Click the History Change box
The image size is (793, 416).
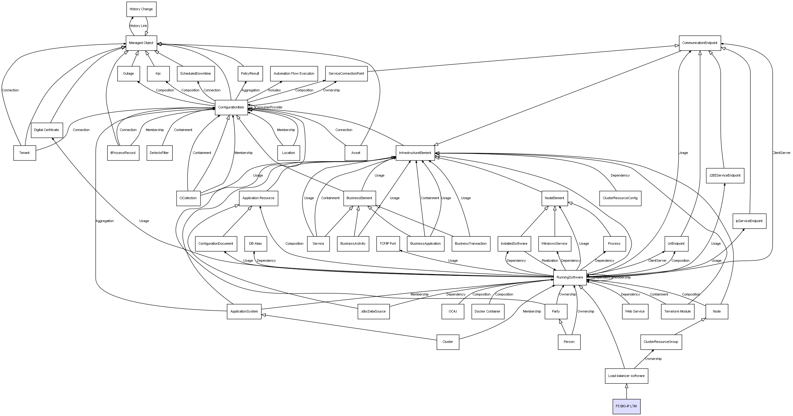pyautogui.click(x=141, y=9)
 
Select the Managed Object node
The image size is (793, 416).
pyautogui.click(x=141, y=43)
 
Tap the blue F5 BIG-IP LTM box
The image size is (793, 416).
pyautogui.click(x=626, y=406)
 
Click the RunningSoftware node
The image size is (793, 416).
pyautogui.click(x=570, y=278)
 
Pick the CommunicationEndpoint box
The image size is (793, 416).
pyautogui.click(x=700, y=43)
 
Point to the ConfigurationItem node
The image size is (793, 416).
pyautogui.click(x=231, y=107)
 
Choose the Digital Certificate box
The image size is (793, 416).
pyautogui.click(x=46, y=130)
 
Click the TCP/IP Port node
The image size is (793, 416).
pyautogui.click(x=388, y=244)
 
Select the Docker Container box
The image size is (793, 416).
pyautogui.click(x=487, y=312)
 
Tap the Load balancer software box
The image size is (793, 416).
pyautogui.click(x=626, y=376)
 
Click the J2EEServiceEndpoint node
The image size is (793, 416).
pyautogui.click(x=725, y=176)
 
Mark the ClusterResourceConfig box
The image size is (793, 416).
pyautogui.click(x=620, y=198)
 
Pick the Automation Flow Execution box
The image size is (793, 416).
pyautogui.click(x=294, y=74)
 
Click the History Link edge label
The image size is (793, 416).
pyautogui.click(x=138, y=26)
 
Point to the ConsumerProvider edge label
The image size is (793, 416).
pyautogui.click(x=269, y=107)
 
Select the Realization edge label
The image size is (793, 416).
pyautogui.click(x=549, y=261)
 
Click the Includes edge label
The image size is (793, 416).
pyautogui.click(x=274, y=90)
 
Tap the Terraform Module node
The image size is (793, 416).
pyautogui.click(x=677, y=312)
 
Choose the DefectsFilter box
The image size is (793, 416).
pyautogui.click(x=159, y=153)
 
